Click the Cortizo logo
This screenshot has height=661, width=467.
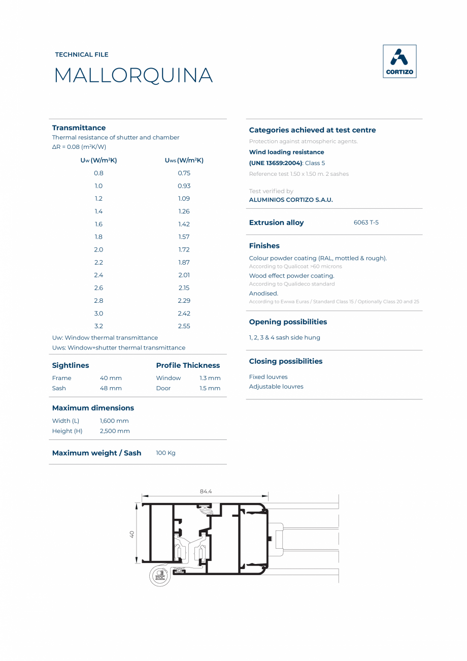click(x=399, y=61)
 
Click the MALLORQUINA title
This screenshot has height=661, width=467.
click(x=133, y=76)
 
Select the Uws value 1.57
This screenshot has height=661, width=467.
click(x=184, y=237)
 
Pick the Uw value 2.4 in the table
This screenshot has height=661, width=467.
click(x=98, y=275)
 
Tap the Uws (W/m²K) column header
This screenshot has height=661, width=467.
click(x=184, y=160)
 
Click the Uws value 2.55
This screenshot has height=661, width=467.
click(x=184, y=326)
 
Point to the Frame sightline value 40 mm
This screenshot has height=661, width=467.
click(x=111, y=378)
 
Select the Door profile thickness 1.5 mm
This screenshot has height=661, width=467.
click(x=210, y=388)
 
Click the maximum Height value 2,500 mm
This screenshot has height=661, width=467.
click(x=115, y=431)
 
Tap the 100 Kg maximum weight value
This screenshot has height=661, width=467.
click(x=165, y=453)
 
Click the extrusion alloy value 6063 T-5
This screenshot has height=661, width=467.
click(x=366, y=223)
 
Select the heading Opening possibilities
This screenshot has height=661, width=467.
click(x=288, y=322)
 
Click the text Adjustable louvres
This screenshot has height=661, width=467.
click(x=276, y=387)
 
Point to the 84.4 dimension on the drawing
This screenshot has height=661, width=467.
click(x=206, y=491)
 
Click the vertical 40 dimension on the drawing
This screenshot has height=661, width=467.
click(x=131, y=534)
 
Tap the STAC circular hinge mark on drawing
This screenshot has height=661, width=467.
click(x=160, y=577)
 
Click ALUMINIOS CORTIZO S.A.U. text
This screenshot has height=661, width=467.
click(x=291, y=200)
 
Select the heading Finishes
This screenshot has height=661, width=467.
click(x=264, y=245)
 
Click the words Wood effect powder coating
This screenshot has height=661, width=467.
click(x=291, y=276)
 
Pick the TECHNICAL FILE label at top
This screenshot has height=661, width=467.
click(x=82, y=54)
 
